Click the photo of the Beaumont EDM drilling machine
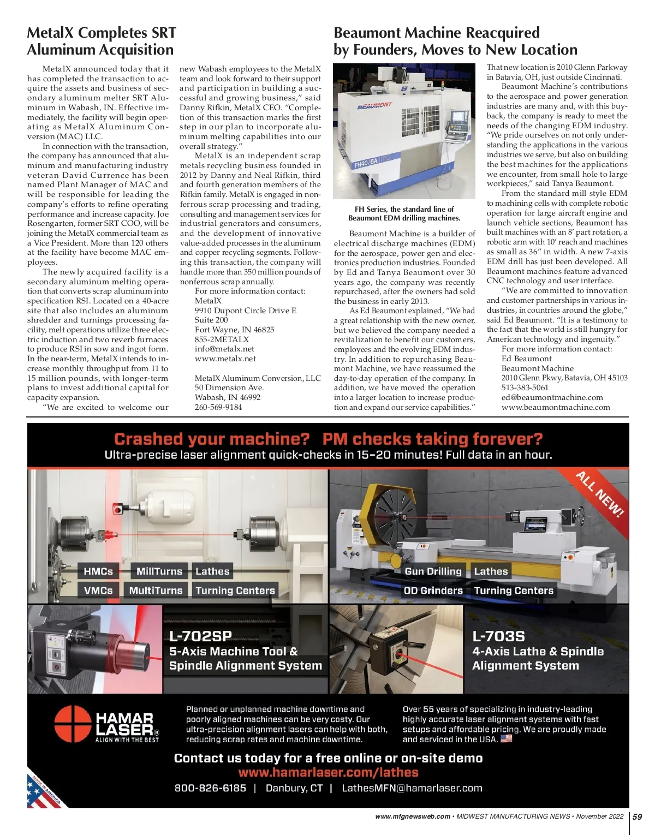[x=404, y=131]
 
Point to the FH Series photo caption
[x=404, y=213]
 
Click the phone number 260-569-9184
[x=218, y=407]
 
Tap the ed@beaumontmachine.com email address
[x=552, y=397]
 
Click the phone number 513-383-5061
[x=525, y=387]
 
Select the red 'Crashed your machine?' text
[x=212, y=439]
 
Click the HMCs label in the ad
[x=98, y=571]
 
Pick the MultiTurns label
[x=156, y=591]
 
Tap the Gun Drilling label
[x=433, y=571]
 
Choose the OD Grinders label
[x=433, y=591]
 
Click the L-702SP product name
[x=200, y=636]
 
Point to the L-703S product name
[x=498, y=636]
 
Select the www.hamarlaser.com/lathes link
[x=328, y=773]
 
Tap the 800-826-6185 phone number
[x=210, y=788]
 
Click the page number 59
[x=637, y=816]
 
